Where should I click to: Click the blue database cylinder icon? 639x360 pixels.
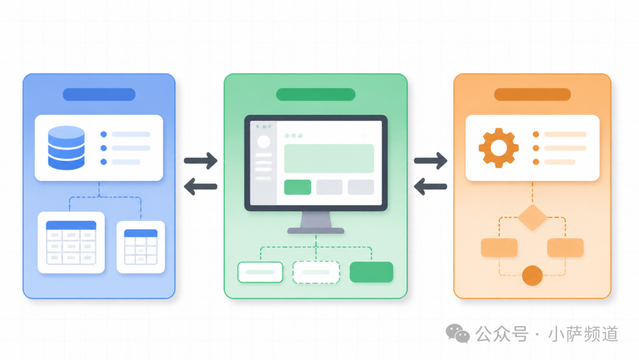66,147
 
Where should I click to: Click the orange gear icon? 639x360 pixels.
498,147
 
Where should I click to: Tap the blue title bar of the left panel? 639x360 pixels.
99,94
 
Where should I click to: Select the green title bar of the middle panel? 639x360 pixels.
315,94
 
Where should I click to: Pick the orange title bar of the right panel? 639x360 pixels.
532,94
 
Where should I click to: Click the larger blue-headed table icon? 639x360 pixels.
71,243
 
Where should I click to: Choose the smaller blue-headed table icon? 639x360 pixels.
141,247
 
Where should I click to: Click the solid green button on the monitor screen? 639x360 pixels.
298,187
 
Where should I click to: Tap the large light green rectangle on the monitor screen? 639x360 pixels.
329,159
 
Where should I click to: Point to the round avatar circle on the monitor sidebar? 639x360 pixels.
264,142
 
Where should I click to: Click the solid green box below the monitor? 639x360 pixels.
371,272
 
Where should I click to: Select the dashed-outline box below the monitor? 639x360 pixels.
316,272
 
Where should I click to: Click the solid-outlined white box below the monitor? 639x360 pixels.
260,272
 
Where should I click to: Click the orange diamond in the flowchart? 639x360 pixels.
532,217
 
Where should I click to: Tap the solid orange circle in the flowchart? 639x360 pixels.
532,275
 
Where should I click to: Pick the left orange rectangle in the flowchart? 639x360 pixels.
499,247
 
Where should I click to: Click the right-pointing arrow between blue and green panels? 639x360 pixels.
201,160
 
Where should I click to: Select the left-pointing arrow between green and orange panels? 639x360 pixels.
430,187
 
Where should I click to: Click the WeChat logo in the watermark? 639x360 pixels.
457,333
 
